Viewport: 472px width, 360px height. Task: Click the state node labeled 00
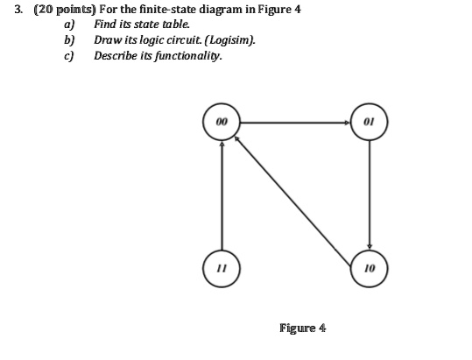(221, 122)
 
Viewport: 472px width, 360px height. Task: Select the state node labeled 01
(370, 122)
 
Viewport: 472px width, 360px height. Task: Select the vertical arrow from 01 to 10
(370, 193)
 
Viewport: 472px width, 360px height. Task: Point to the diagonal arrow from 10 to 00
(295, 193)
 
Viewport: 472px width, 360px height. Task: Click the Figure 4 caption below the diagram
(302, 328)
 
